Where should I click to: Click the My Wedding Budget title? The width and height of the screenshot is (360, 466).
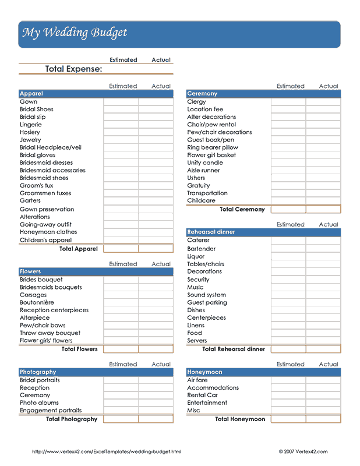[x=75, y=33]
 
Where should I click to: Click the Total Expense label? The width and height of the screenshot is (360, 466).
[x=73, y=69]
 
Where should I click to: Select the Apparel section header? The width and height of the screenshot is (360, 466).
[x=31, y=94]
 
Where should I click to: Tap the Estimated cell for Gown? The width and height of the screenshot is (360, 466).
[x=121, y=101]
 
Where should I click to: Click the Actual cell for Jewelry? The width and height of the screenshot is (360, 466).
[x=156, y=140]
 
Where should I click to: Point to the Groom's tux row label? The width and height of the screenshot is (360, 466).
[x=37, y=185]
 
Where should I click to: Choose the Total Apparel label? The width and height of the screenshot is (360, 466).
[x=79, y=249]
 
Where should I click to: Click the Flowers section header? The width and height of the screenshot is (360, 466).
[x=30, y=271]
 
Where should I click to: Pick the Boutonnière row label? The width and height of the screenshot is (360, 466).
[x=37, y=302]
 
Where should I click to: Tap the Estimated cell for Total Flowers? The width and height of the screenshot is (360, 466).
[x=121, y=349]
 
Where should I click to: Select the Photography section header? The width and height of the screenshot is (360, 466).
[x=38, y=372]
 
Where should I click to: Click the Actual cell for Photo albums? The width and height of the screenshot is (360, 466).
[x=156, y=403]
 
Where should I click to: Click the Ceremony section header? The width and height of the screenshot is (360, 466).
[x=202, y=94]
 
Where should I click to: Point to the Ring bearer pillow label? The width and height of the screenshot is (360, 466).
[x=213, y=147]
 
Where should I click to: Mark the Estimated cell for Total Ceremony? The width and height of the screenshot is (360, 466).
[x=288, y=209]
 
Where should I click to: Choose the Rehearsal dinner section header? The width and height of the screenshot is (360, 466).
[x=211, y=232]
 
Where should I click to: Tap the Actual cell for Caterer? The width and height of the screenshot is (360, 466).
[x=323, y=240]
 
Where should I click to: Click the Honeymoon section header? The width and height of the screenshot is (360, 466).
[x=204, y=372]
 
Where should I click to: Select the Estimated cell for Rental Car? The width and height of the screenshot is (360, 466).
[x=288, y=395]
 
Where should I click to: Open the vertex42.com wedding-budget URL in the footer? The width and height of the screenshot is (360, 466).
[x=107, y=451]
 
